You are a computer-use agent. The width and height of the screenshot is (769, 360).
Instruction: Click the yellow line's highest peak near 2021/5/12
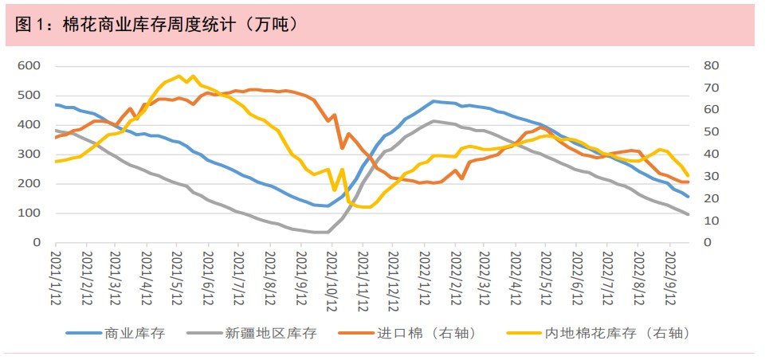click(x=179, y=76)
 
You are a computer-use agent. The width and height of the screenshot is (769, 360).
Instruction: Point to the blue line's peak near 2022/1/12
click(x=434, y=101)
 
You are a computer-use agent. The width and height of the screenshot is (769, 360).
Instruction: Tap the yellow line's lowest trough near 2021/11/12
click(x=363, y=207)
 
